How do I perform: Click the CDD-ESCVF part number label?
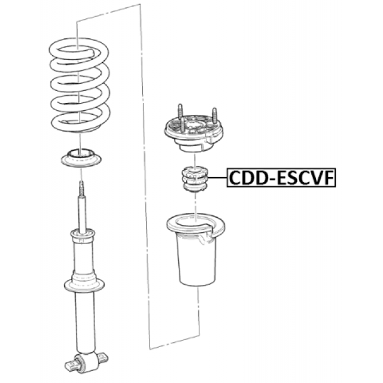281,178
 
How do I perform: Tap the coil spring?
80,85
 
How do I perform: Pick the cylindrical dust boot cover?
196,250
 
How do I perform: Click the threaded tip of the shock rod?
81,188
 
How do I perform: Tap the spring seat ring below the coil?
81,158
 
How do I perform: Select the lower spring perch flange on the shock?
84,285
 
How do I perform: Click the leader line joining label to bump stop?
218,178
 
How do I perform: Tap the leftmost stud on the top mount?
180,112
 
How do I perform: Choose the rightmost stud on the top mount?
214,115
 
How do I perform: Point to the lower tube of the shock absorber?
84,323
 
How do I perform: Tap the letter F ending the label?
329,178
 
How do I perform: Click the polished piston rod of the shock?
82,212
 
